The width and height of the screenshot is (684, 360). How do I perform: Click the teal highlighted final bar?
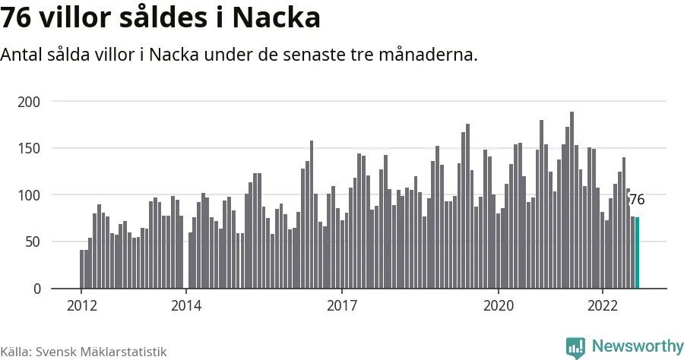coord(637,253)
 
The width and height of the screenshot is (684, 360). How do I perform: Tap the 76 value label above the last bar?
coord(637,200)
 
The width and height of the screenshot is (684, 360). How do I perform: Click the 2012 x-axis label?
coord(81,306)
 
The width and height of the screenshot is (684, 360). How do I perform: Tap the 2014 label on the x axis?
coord(185,306)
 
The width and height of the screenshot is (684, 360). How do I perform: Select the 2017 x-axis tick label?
coord(342,306)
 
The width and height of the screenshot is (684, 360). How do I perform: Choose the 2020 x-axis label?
coord(498,306)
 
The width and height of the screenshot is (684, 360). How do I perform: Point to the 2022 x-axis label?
coord(602,306)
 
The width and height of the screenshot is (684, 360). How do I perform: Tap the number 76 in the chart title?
coord(16,17)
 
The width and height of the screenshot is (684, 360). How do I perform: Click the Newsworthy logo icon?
coord(575,347)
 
